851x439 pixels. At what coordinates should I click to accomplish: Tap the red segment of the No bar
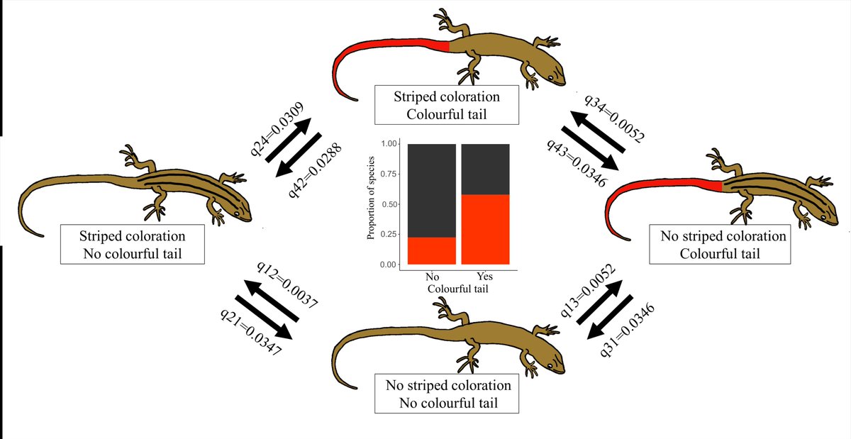tap(431, 250)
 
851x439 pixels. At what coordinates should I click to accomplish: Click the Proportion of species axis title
tap(371, 204)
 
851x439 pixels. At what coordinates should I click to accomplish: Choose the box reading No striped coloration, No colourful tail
tap(448, 394)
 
